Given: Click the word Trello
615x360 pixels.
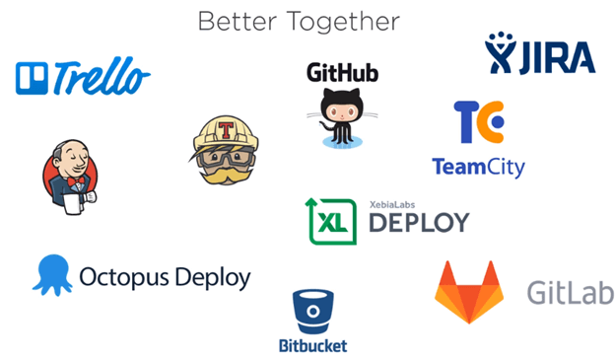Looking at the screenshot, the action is point(102,76).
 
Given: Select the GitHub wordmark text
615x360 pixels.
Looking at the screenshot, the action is point(342,72).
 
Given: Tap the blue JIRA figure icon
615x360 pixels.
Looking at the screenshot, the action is point(501,53).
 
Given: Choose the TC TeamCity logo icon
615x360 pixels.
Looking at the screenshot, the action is point(479,122).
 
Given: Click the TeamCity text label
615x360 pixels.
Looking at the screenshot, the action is point(478,166).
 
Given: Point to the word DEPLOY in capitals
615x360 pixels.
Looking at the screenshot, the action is point(418,222).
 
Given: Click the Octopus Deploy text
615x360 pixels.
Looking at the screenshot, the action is point(165,275).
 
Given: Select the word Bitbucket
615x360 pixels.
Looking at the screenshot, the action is point(313,345).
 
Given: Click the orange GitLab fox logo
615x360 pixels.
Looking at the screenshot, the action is point(471,293).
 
